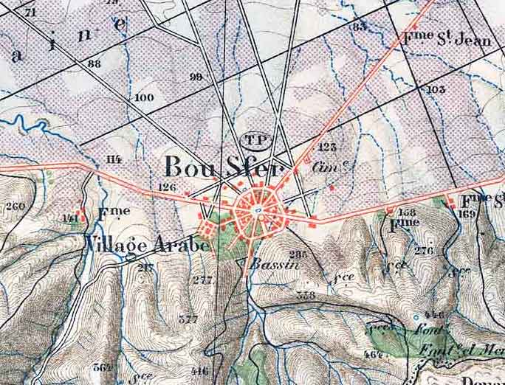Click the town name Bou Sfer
tap(222, 167)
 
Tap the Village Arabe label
tap(148, 245)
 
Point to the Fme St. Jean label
tap(447, 38)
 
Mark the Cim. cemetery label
tap(323, 167)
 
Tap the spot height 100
tap(145, 97)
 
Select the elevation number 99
tap(196, 77)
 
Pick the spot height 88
tap(94, 64)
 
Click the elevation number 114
tap(113, 159)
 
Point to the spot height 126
tap(168, 187)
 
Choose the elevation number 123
tap(328, 147)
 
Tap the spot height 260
tap(14, 206)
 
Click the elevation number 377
tap(188, 319)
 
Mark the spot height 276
tap(423, 251)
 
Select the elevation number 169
tap(466, 214)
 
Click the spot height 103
tap(436, 89)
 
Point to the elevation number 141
tap(70, 218)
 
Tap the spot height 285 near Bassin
tap(298, 254)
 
